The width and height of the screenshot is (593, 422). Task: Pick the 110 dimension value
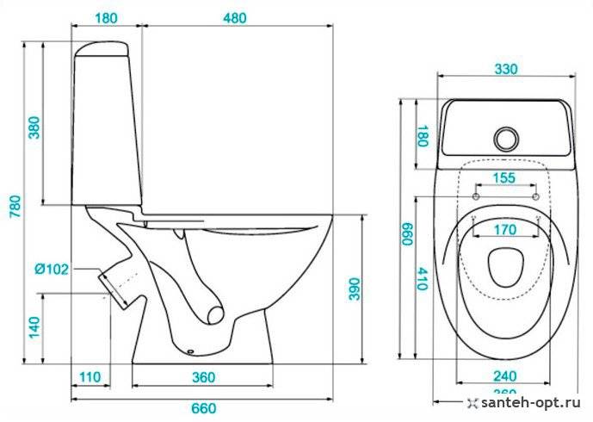tap(91, 377)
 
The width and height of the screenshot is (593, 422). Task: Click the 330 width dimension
tap(505, 70)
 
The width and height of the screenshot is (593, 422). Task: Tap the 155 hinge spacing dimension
tap(505, 178)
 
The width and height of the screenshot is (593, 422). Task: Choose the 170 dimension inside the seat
tap(505, 230)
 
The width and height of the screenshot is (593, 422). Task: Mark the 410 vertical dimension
tap(422, 277)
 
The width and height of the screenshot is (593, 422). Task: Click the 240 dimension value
tap(505, 375)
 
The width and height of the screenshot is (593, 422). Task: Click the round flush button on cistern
tap(506, 137)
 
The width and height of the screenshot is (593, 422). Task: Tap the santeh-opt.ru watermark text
tap(528, 402)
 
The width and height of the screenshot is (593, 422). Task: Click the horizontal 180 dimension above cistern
tap(107, 16)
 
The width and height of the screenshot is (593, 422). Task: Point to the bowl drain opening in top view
tap(504, 267)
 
